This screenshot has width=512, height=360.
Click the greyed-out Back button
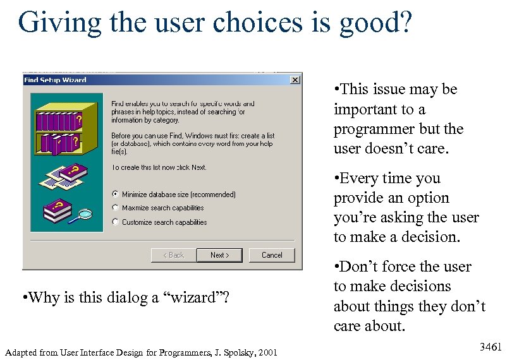coord(173,255)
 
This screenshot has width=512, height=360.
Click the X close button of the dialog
coord(295,80)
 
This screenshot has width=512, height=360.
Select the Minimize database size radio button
coord(115,195)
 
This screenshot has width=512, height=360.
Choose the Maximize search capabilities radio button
coord(115,208)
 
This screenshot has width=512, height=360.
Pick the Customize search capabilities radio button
coord(115,222)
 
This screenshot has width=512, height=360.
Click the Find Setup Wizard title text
coord(55,80)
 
